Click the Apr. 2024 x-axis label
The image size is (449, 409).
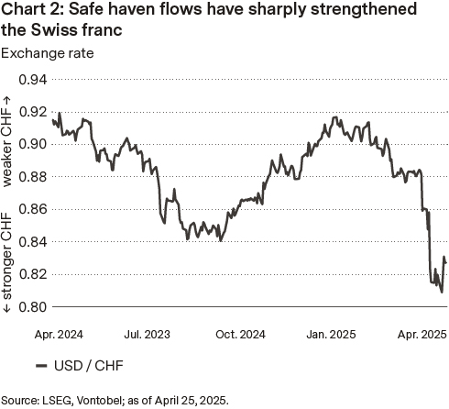59,336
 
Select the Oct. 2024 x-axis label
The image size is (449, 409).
242,336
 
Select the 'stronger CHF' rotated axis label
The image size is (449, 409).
8,260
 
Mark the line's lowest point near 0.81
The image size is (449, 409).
443,292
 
